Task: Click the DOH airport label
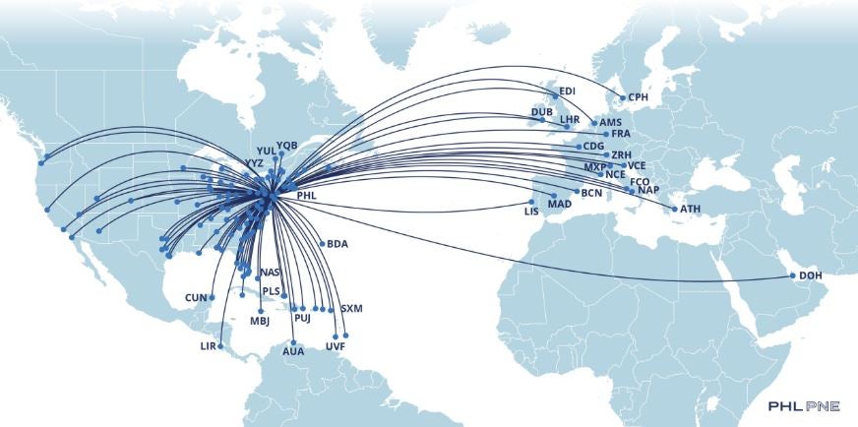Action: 812,275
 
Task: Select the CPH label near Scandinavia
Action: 639,97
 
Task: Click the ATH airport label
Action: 690,210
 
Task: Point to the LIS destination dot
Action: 531,202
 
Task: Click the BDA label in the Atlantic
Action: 338,244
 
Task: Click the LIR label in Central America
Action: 208,346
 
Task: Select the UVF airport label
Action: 336,347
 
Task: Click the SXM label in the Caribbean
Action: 351,309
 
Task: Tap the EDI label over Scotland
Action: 567,91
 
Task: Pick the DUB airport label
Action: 541,112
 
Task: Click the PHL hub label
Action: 307,195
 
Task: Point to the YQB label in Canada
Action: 286,146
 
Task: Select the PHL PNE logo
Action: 805,405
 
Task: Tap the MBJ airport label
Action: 260,321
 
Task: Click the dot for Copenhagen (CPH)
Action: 621,97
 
